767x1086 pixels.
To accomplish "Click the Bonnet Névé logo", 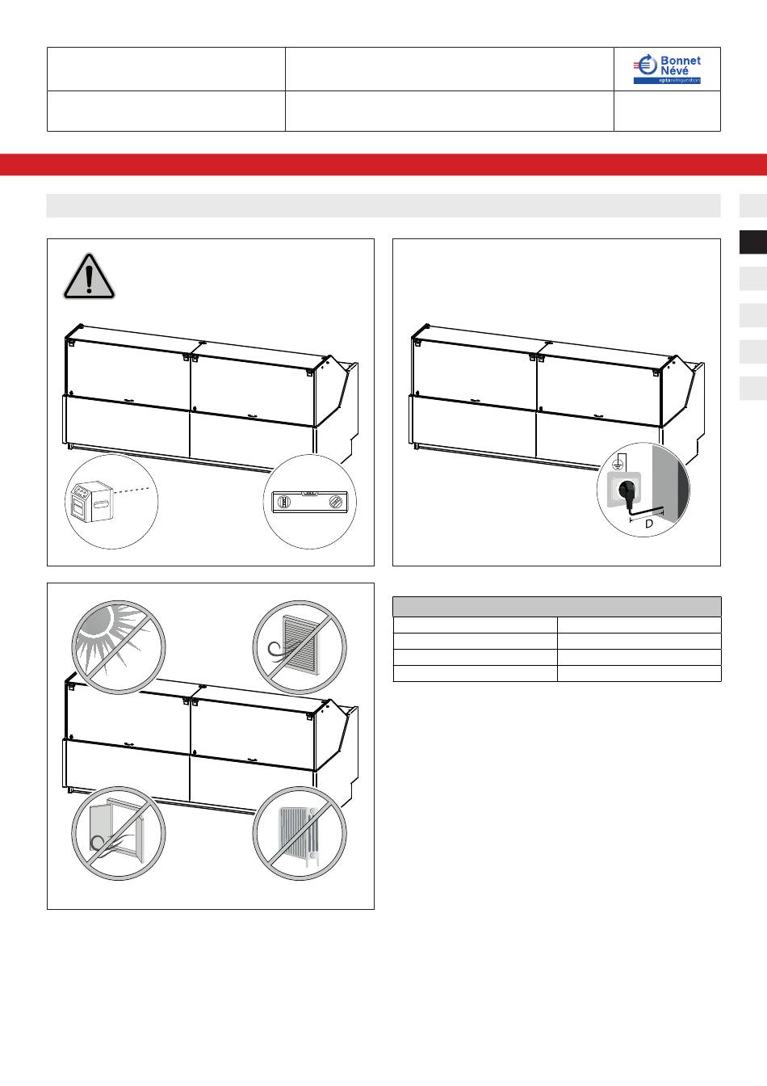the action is (667, 69).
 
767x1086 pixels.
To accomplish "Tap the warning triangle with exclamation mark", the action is (89, 276).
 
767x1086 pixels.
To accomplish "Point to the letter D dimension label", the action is (649, 524).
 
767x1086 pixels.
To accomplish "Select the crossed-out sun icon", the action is (119, 647).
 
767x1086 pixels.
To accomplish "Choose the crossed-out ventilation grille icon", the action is (300, 647).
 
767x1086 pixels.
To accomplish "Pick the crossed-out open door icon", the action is (119, 833).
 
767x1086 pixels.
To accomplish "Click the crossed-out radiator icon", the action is (300, 833).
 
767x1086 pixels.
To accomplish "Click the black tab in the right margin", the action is (753, 242).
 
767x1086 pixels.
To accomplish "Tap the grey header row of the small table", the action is (557, 607).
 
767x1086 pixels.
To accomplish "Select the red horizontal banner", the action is (383, 164).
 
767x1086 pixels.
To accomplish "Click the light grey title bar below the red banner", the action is (383, 205).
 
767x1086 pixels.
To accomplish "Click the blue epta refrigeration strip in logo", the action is (667, 81).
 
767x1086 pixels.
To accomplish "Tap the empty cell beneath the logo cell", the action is (667, 111).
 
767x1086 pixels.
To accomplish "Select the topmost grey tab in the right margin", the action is (753, 205).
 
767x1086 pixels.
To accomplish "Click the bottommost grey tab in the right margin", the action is (753, 389).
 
